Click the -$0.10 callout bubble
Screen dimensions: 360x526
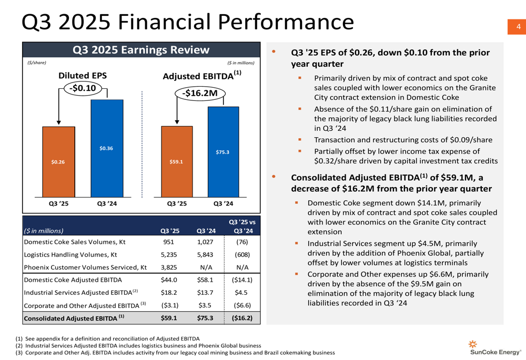pyautogui.click(x=83, y=89)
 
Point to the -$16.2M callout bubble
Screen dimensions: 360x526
pyautogui.click(x=199, y=93)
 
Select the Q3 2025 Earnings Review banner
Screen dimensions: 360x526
pyautogui.click(x=141, y=50)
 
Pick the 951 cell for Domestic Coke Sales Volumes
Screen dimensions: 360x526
pyautogui.click(x=170, y=243)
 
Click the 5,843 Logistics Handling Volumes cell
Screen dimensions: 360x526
pyautogui.click(x=206, y=255)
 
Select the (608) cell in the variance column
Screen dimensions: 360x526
pyautogui.click(x=242, y=255)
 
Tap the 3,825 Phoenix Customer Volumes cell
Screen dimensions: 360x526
pyautogui.click(x=170, y=268)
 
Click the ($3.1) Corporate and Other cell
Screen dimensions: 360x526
pyautogui.click(x=170, y=305)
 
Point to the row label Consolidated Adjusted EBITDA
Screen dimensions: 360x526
pyautogui.click(x=74, y=317)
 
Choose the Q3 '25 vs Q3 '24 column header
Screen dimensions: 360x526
pyautogui.click(x=242, y=225)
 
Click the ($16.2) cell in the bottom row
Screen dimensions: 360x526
pyautogui.click(x=242, y=317)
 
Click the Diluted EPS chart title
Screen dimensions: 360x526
pyautogui.click(x=83, y=76)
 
